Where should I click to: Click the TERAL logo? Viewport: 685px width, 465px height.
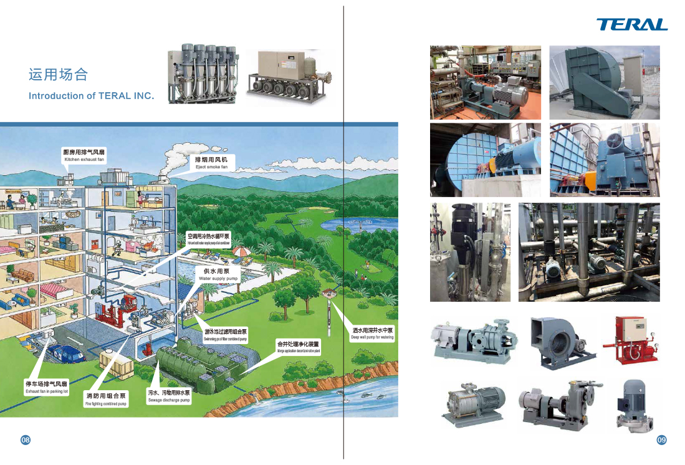point(631,24)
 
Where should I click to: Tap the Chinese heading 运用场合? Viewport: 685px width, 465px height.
point(59,75)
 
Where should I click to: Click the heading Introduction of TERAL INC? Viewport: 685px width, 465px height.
point(91,96)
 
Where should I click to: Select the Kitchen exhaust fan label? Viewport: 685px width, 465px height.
point(84,156)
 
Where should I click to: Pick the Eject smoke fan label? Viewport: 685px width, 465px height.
point(211,163)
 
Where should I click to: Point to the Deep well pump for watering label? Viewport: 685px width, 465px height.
point(372,333)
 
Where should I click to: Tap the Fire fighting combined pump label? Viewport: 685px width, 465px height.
point(106,400)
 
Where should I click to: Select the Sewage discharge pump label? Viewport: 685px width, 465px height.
point(168,396)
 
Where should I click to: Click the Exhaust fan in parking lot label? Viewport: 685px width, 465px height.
point(46,387)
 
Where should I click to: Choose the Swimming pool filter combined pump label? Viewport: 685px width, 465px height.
point(225,335)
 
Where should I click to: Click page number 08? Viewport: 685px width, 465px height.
point(26,440)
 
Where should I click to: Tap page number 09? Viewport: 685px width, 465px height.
point(661,440)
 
